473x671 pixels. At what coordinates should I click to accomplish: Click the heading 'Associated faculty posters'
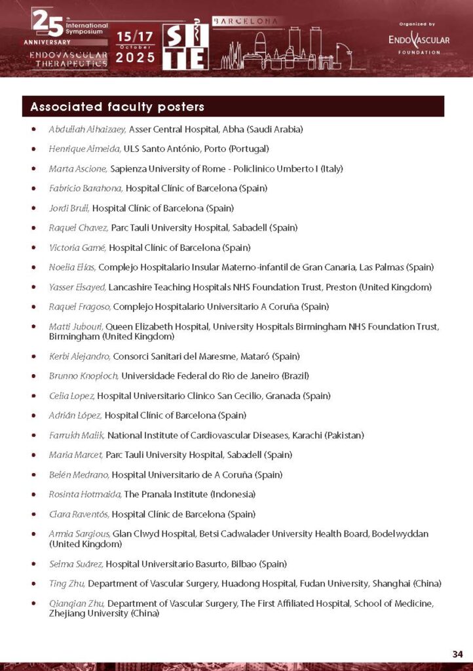click(117, 107)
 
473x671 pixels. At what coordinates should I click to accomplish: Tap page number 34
click(457, 653)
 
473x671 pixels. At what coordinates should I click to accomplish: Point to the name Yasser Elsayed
click(77, 287)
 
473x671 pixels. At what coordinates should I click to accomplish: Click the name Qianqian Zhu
click(77, 603)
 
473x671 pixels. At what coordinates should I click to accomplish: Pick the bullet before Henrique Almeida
click(34, 149)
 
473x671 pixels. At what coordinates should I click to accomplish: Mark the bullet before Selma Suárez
click(34, 564)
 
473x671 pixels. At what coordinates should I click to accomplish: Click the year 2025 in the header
click(136, 58)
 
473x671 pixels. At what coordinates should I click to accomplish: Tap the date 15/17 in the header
click(136, 38)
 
